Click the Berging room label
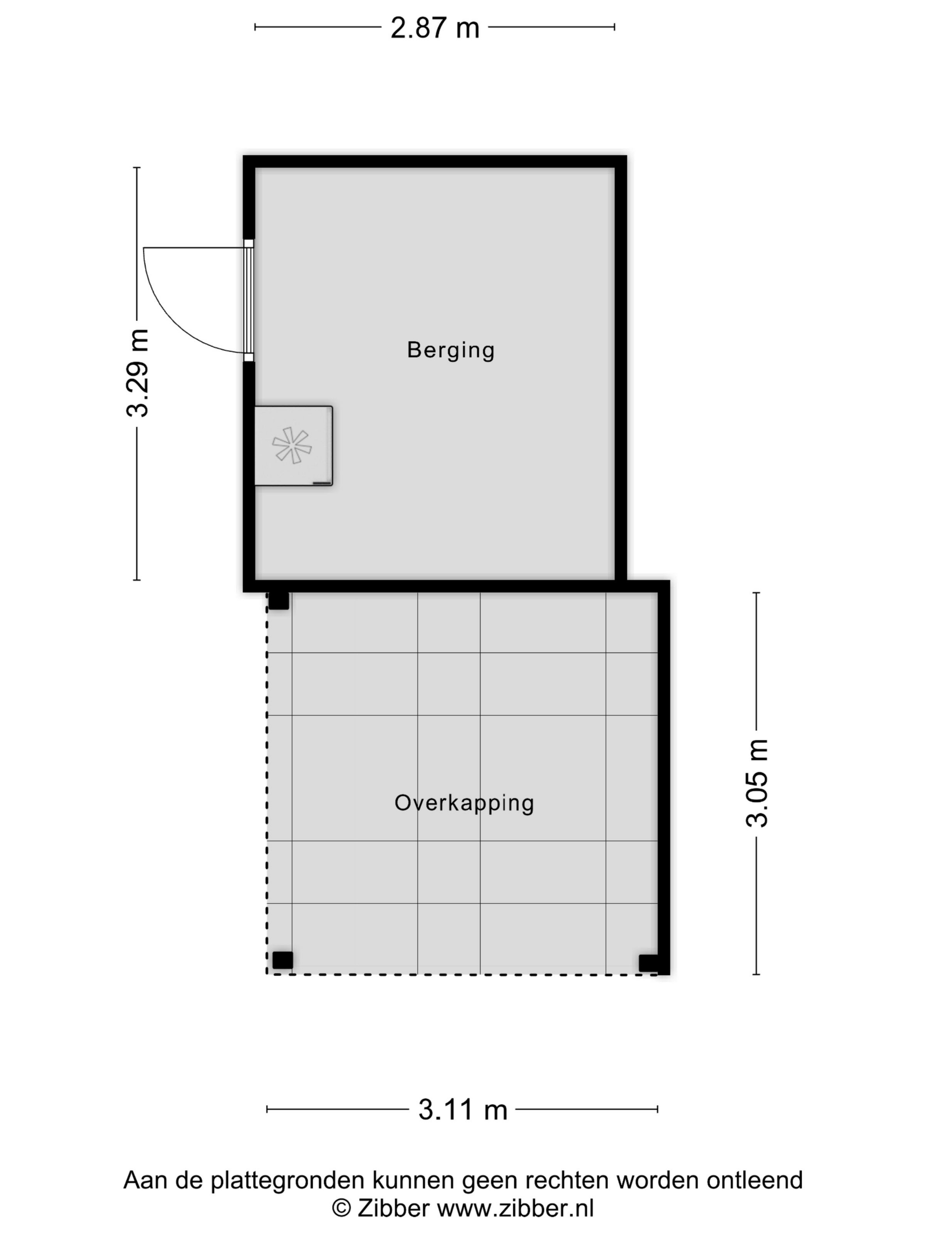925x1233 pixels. (451, 351)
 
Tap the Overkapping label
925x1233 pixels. (464, 803)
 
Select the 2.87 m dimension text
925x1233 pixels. (435, 28)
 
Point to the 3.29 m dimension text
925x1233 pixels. (137, 373)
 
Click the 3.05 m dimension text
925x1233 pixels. (757, 783)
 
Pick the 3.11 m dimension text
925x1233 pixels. (463, 1110)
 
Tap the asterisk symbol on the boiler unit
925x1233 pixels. (292, 445)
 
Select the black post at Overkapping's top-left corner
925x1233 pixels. (279, 600)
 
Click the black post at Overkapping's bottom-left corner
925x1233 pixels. (283, 960)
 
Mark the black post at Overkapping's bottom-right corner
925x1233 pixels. (648, 963)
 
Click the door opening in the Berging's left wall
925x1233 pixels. (249, 300)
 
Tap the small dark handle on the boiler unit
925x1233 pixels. (322, 483)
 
